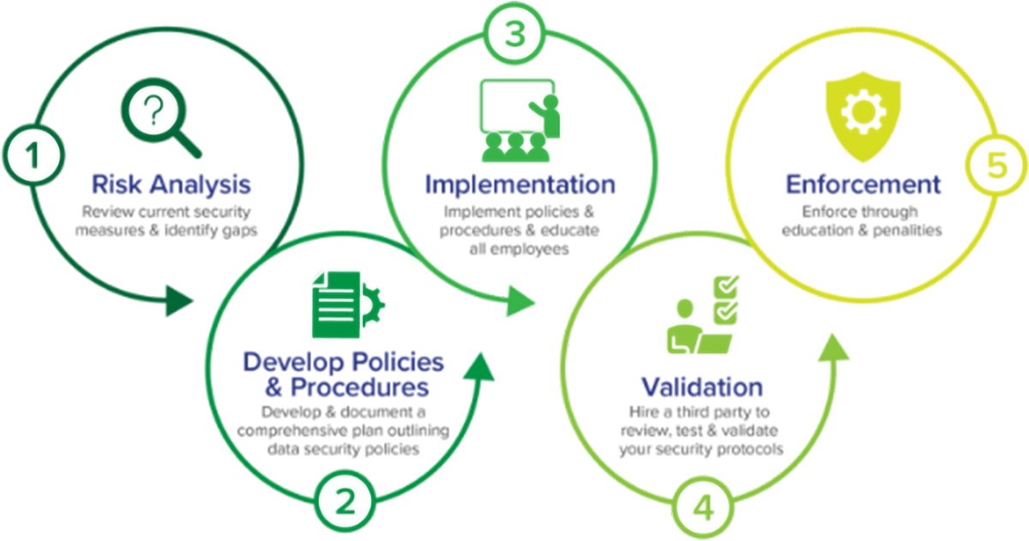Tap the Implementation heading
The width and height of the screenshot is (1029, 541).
(514, 187)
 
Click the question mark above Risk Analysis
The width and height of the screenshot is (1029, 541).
(153, 111)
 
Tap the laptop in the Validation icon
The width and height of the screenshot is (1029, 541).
(711, 343)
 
